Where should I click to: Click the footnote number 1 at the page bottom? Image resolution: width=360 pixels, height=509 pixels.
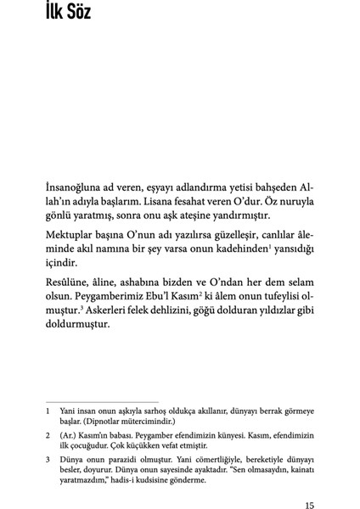pyautogui.click(x=49, y=407)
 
